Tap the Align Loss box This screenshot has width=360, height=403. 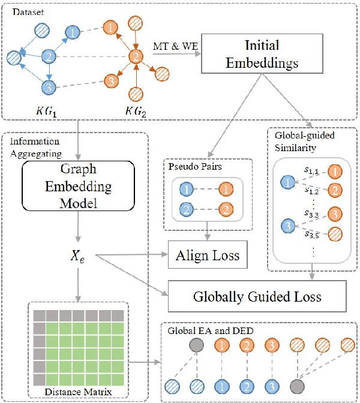208,256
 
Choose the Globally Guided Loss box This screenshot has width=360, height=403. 257,296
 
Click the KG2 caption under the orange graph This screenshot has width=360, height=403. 136,112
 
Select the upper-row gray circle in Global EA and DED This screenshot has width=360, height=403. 195,346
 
